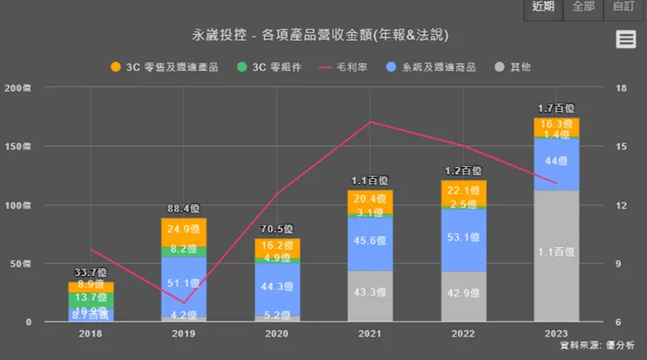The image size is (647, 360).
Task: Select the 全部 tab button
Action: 584,8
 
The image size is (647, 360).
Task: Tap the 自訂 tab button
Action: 624,8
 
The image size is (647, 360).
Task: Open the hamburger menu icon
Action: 625,38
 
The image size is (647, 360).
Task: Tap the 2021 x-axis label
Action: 370,333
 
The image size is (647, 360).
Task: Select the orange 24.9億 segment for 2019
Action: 183,231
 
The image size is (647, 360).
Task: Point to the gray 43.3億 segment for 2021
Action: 370,296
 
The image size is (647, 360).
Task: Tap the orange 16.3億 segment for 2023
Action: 557,125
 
